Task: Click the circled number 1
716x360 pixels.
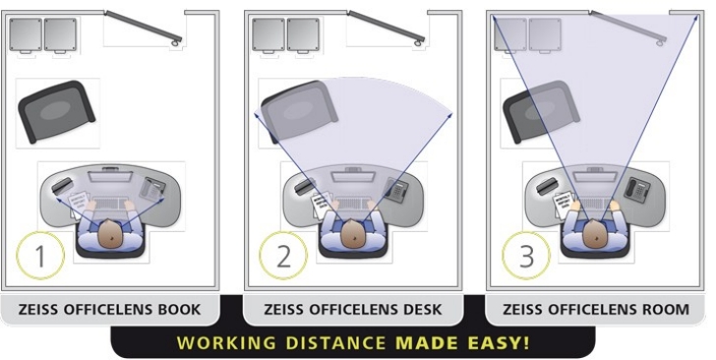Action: point(39,256)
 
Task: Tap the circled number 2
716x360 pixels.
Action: point(283,256)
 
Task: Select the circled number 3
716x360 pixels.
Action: point(526,256)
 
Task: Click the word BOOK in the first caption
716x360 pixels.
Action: point(179,309)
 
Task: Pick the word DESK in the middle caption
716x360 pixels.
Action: point(423,309)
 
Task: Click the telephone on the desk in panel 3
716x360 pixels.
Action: point(637,189)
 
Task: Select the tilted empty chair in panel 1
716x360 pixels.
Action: point(56,111)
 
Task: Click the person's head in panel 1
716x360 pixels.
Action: point(109,234)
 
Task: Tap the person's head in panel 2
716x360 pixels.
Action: point(352,234)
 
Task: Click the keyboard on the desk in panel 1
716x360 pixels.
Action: point(109,205)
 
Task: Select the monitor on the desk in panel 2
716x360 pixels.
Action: point(352,175)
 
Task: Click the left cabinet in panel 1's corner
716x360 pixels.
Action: point(26,35)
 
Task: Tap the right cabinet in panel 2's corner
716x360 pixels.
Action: point(303,35)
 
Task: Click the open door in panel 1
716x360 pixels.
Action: point(144,28)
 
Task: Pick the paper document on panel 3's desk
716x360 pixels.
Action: point(565,204)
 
